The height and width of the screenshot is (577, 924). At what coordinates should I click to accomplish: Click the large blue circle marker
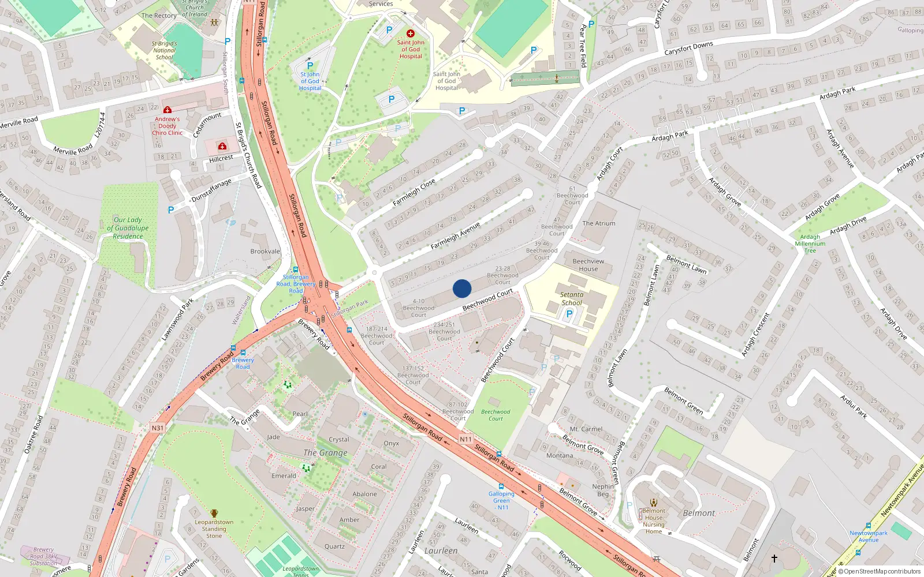click(462, 288)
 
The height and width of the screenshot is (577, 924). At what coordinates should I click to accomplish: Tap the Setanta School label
click(572, 298)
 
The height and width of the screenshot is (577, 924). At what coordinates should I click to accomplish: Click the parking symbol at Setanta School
click(569, 314)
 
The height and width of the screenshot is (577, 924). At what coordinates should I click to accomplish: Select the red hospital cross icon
click(411, 33)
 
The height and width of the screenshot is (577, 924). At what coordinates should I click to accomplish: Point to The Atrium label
click(599, 223)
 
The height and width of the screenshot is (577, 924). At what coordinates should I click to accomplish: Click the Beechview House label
click(588, 265)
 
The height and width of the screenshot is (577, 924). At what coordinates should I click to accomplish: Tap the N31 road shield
click(158, 428)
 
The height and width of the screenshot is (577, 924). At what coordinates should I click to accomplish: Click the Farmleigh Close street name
click(414, 193)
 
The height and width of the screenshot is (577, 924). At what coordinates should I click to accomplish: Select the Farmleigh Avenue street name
click(455, 236)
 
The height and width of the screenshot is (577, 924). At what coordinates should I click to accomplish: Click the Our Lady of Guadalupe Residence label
click(128, 228)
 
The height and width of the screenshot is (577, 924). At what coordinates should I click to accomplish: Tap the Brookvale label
click(265, 252)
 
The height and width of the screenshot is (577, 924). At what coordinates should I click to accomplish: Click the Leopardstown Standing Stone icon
click(214, 513)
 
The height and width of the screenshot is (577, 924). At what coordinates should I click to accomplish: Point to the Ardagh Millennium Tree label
click(810, 243)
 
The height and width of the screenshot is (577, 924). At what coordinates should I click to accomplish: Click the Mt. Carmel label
click(586, 429)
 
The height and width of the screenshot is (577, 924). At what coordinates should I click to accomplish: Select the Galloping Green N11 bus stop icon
click(501, 486)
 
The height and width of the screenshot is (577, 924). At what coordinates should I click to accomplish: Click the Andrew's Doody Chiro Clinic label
click(167, 126)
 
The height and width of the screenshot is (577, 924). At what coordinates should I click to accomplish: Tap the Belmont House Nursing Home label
click(654, 521)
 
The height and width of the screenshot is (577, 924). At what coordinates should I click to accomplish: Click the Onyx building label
click(392, 444)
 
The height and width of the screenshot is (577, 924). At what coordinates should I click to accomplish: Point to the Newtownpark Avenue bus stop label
click(868, 537)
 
